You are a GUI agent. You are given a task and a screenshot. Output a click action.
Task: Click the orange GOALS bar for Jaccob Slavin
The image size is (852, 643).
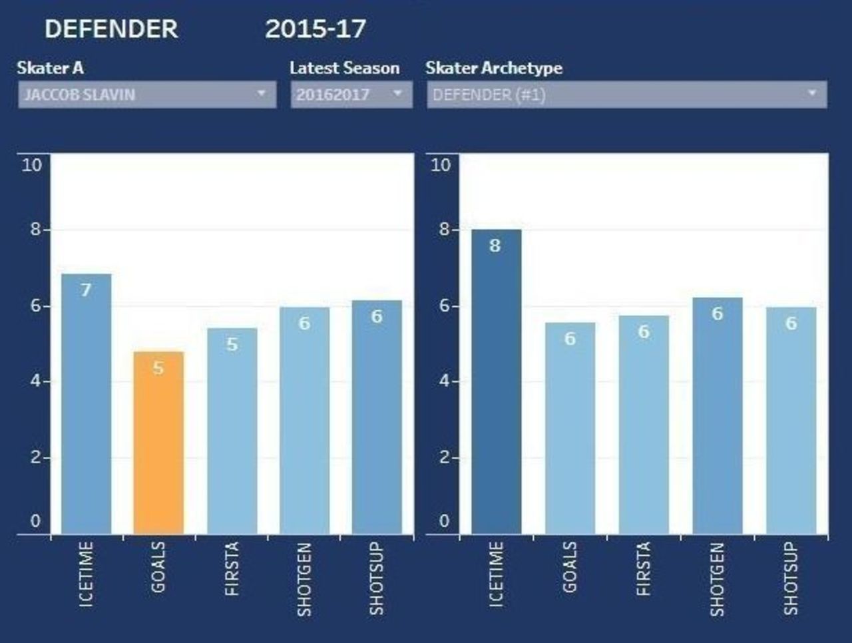click(158, 443)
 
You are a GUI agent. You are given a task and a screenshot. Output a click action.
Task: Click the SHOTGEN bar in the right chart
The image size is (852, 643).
click(717, 416)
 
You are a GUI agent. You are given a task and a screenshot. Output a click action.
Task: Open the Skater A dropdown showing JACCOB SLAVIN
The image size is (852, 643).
click(146, 95)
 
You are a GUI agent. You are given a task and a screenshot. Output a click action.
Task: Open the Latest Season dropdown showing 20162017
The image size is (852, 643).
click(351, 95)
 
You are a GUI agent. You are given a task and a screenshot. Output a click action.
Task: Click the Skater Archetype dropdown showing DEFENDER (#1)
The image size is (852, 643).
click(626, 95)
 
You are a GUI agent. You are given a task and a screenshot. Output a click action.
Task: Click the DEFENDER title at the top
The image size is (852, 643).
click(111, 29)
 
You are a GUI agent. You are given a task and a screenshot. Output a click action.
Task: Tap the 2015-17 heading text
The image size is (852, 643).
click(316, 29)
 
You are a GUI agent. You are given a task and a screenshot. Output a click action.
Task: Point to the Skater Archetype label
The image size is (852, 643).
click(494, 68)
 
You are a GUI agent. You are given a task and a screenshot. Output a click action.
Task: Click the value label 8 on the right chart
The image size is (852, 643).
click(495, 246)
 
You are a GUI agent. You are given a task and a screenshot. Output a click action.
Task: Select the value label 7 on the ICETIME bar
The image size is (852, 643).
click(86, 290)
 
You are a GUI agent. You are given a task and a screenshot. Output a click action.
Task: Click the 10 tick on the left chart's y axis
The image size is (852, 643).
click(32, 165)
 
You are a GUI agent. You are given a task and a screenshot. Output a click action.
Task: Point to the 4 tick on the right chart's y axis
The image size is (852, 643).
click(444, 381)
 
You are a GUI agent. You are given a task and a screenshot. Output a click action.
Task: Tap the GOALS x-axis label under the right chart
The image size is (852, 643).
click(570, 567)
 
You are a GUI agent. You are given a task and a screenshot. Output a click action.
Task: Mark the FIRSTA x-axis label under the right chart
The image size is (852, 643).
click(644, 569)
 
